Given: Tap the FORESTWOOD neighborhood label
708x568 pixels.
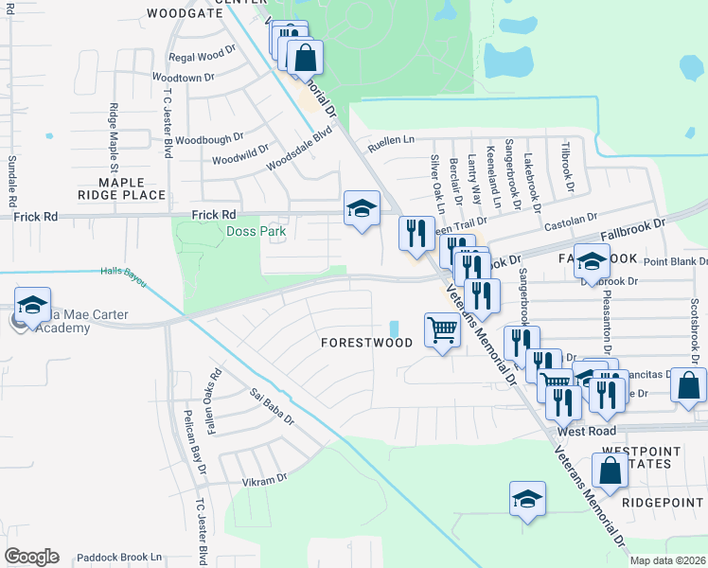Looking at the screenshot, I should (x=366, y=343).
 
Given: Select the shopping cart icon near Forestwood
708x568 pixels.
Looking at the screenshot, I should (x=442, y=330).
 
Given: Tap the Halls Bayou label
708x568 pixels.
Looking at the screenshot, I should (x=125, y=272).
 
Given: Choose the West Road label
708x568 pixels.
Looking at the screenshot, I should (x=581, y=431).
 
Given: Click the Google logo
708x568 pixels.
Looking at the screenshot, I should (x=31, y=557).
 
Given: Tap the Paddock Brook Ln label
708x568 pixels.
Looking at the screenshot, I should (x=122, y=558).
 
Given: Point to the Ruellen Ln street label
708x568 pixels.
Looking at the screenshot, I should (x=392, y=139).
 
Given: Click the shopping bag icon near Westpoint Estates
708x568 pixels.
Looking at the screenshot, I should (x=611, y=470).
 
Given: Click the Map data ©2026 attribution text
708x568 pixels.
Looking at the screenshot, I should (x=668, y=560).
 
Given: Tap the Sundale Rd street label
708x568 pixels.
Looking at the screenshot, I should (x=12, y=181).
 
